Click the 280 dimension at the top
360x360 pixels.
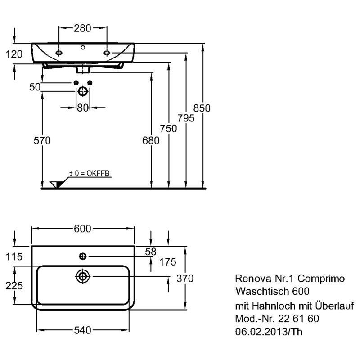(82, 28)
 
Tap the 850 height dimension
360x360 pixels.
(202, 108)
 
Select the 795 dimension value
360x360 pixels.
(186, 118)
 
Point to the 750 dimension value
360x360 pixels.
(168, 129)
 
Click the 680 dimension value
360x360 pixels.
(151, 140)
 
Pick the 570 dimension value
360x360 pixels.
(42, 140)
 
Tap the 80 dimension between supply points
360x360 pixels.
(83, 108)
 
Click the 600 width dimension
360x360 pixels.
(82, 229)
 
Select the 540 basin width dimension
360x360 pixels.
(83, 330)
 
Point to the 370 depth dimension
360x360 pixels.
(185, 279)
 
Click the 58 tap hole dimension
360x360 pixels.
(151, 252)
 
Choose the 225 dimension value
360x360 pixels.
(14, 286)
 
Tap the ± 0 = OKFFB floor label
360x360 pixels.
(90, 173)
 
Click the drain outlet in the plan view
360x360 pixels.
(83, 276)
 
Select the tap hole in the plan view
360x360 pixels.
(83, 256)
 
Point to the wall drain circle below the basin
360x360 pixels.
(83, 91)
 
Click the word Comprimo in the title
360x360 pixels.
(321, 279)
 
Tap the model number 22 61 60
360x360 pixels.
(299, 319)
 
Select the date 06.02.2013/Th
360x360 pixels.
(269, 332)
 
